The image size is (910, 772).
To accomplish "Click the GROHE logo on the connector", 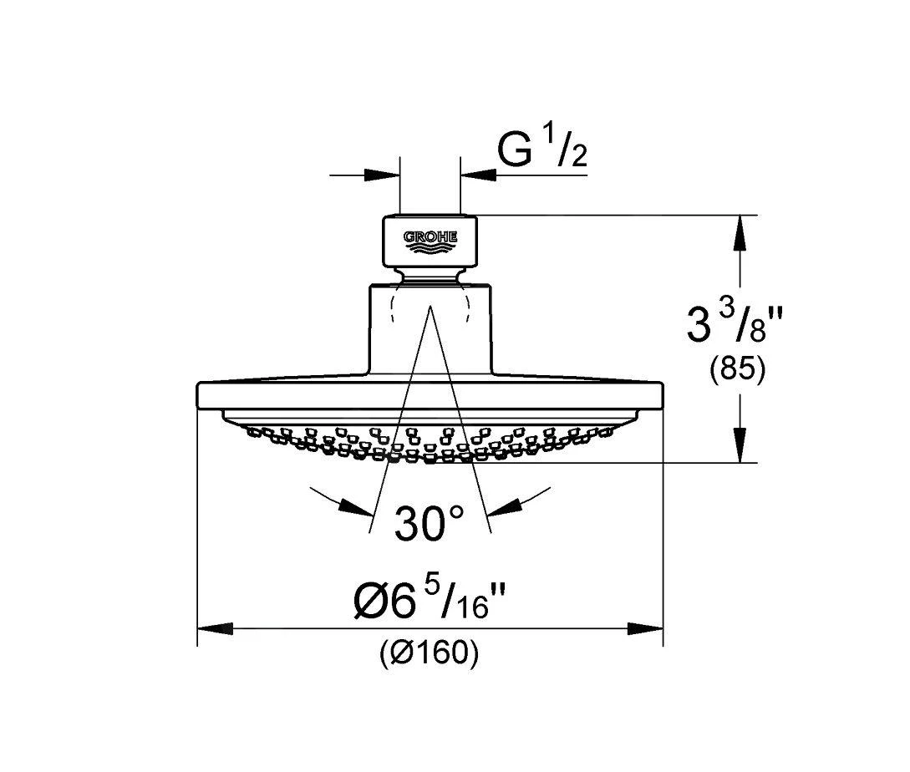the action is pos(430,241).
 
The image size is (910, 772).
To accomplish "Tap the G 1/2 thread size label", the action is pos(542,150).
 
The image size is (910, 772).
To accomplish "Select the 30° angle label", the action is pos(430,523).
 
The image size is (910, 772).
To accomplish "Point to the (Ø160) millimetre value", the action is pos(430,654).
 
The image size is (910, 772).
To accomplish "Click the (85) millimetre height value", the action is pos(738,370).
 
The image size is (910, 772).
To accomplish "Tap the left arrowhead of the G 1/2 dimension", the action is pos(383,174).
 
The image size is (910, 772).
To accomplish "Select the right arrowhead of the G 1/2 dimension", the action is pos(478,174).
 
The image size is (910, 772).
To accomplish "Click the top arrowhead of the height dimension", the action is pos(740,233).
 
